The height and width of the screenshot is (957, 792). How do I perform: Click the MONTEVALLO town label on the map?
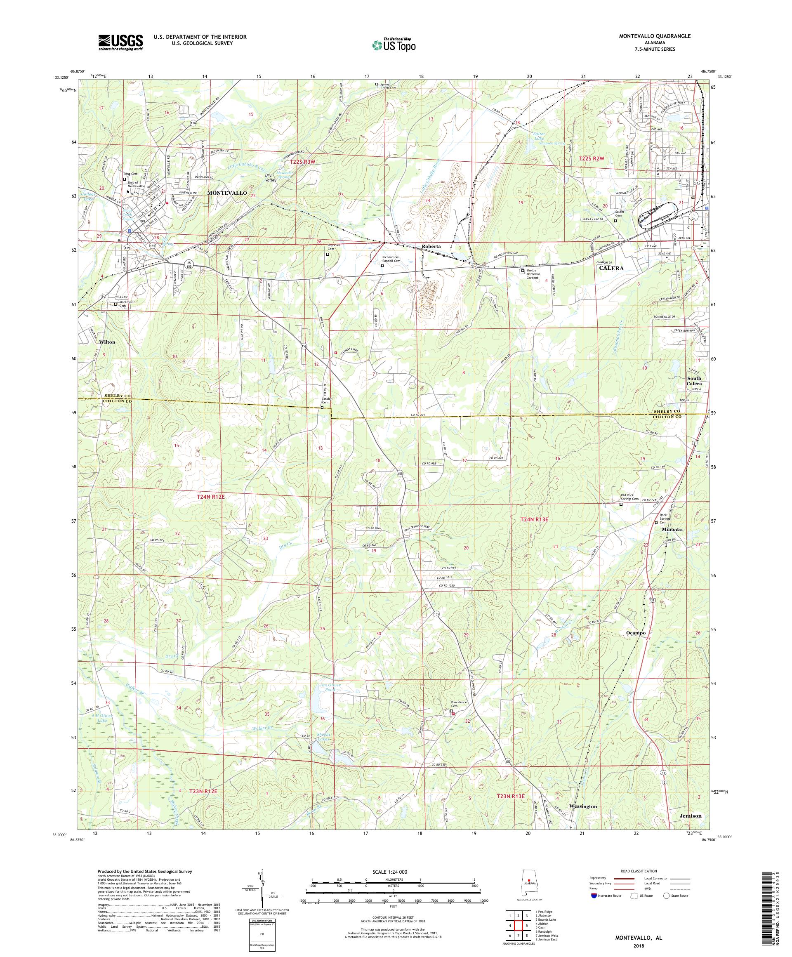pyautogui.click(x=227, y=193)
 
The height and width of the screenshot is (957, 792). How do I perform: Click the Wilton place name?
pyautogui.click(x=108, y=342)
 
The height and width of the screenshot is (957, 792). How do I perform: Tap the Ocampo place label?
pyautogui.click(x=636, y=633)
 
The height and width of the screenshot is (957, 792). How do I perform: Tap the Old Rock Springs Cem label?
pyautogui.click(x=630, y=497)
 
